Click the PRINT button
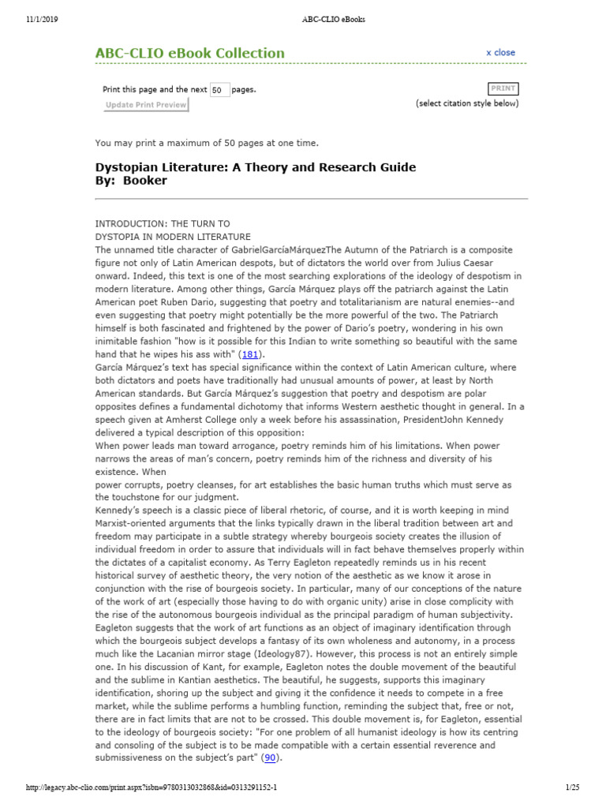[503, 89]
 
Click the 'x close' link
[500, 53]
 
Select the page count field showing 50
[220, 90]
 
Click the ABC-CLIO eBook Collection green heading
[189, 54]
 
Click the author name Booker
[145, 181]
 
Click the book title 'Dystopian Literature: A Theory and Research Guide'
[255, 167]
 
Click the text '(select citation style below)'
[467, 103]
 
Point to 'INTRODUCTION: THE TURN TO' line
[163, 224]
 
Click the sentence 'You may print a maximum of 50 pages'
[207, 143]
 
